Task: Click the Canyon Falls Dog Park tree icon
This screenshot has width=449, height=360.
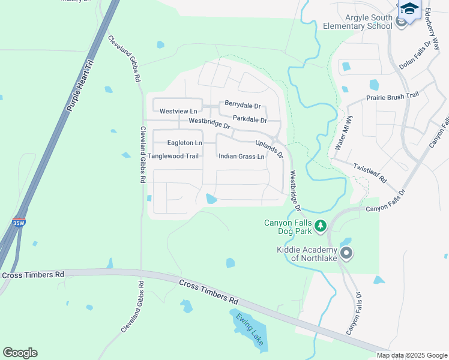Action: [321, 226]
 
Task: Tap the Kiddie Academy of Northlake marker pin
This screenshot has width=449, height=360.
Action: [346, 253]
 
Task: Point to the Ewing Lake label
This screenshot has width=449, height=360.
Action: [250, 329]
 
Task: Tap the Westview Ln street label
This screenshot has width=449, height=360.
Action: [178, 112]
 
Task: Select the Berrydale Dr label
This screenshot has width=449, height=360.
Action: [243, 106]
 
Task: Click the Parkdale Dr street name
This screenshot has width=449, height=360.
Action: [249, 119]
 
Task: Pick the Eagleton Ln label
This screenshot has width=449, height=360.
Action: [184, 143]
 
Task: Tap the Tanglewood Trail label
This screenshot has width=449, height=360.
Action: [173, 156]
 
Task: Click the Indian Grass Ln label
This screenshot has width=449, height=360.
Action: [241, 157]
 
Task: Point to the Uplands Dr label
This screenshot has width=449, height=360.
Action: [269, 149]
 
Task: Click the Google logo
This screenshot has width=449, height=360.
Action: [20, 353]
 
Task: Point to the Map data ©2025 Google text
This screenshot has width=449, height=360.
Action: [412, 355]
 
